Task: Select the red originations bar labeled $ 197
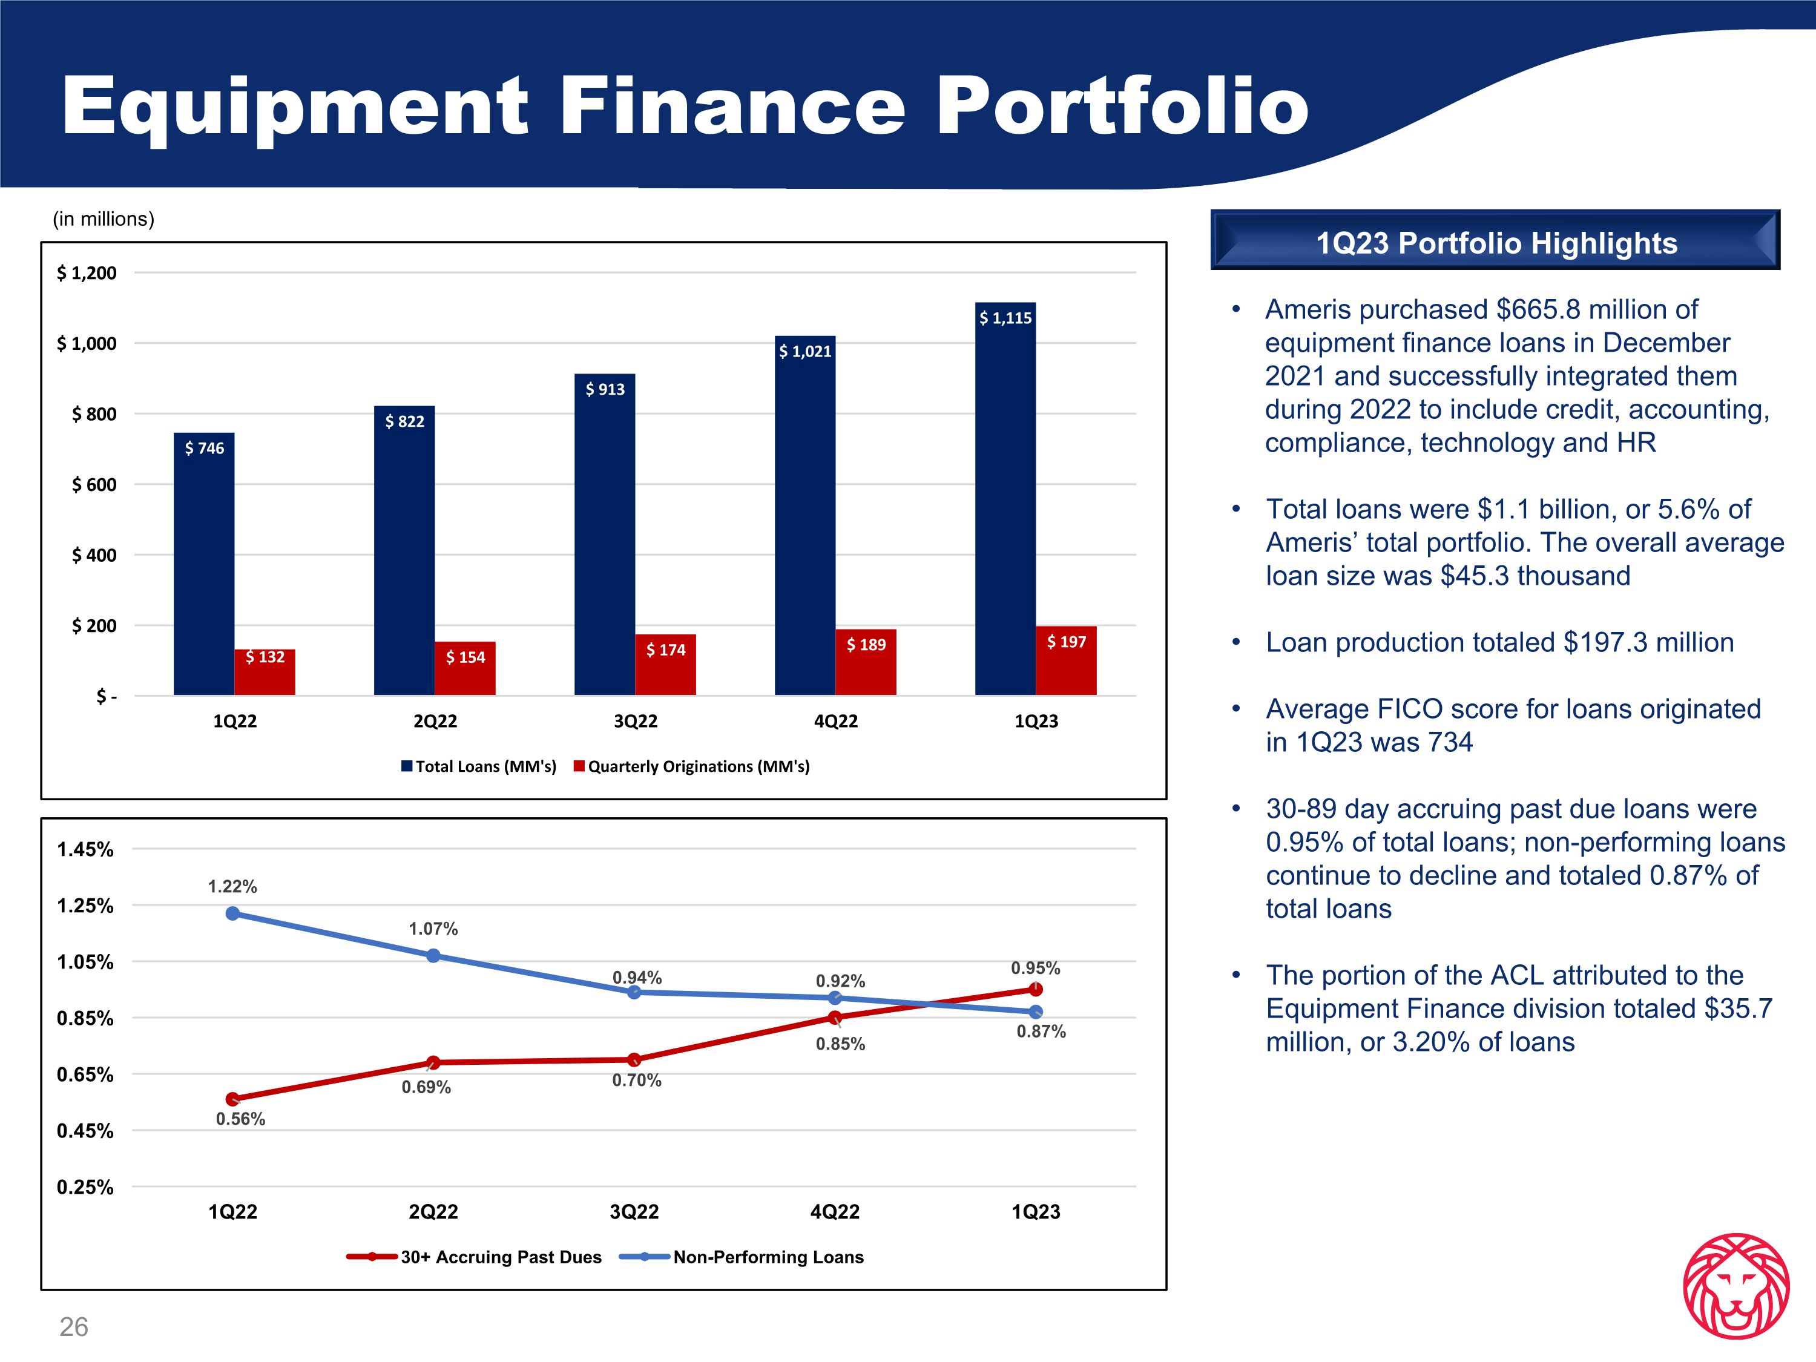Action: click(1065, 661)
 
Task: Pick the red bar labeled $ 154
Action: click(465, 668)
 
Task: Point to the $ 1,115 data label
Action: click(1005, 318)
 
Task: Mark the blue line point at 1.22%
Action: click(232, 913)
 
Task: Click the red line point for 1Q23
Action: click(1035, 989)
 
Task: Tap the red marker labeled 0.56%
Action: click(232, 1099)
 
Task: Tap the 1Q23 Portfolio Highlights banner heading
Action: click(1496, 243)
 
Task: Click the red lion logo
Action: click(1735, 1286)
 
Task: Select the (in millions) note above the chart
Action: click(104, 219)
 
